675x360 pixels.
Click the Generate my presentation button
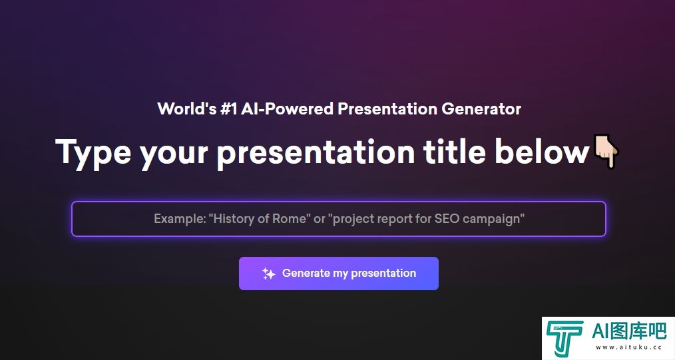(x=339, y=273)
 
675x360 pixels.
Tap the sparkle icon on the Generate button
(x=269, y=273)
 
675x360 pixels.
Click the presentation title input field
(x=339, y=219)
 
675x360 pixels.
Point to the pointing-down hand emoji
(x=606, y=151)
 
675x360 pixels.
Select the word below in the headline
(x=542, y=152)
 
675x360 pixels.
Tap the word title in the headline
(x=454, y=152)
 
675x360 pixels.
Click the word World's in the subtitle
(x=187, y=108)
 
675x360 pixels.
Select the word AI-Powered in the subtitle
(x=287, y=109)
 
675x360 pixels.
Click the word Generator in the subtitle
(x=481, y=109)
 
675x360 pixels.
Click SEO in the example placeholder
(x=447, y=218)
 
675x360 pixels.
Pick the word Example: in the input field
(x=180, y=218)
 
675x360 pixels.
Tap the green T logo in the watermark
(x=565, y=339)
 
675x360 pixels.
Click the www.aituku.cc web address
(x=628, y=347)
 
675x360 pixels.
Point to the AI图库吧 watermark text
(x=629, y=331)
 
